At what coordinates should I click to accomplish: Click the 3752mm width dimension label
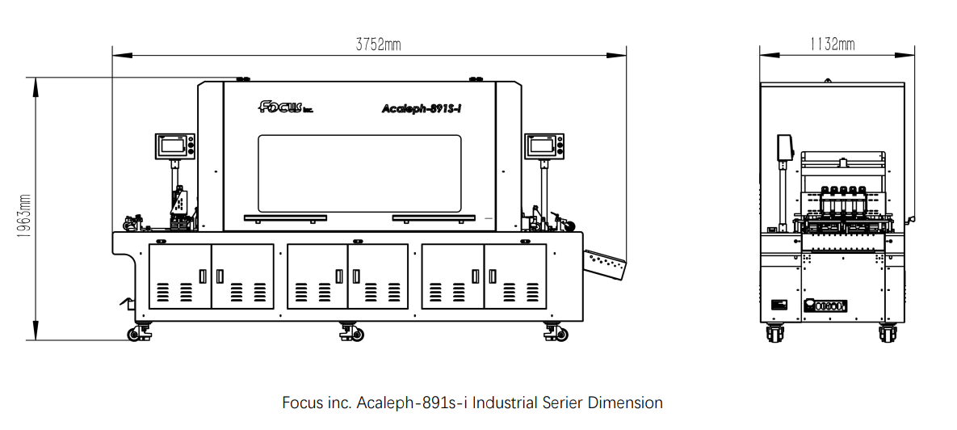coord(379,44)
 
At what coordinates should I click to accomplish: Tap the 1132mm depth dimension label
coord(833,44)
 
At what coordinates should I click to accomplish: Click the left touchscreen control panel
coord(174,146)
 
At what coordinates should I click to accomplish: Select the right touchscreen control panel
coord(545,145)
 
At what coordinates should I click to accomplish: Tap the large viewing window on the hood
coord(359,174)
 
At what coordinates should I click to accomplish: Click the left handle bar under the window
coord(285,217)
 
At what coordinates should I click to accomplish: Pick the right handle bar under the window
coord(434,217)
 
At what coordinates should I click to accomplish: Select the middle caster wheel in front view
coord(351,332)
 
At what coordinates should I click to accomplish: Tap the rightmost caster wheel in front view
coord(556,332)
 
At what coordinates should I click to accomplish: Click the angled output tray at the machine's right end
coord(604,262)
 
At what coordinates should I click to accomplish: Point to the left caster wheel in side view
coord(775,333)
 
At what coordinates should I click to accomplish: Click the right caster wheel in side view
coord(888,333)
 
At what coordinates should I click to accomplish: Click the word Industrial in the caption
coord(505,403)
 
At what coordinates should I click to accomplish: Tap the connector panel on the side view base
coord(826,306)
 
